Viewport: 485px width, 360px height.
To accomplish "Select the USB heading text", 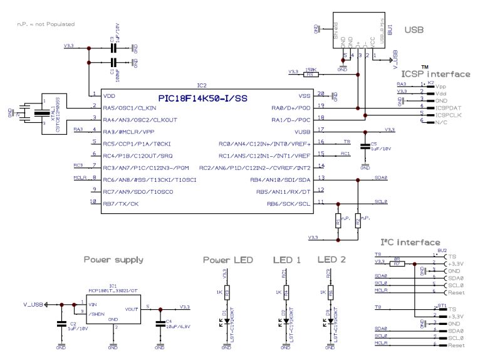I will click(x=414, y=29).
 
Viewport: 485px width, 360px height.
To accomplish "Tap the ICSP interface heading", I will click(x=435, y=74).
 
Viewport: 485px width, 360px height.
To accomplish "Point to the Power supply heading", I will click(x=113, y=259).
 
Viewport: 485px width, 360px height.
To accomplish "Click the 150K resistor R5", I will click(x=310, y=74).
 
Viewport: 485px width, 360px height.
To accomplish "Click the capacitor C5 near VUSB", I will click(x=365, y=146).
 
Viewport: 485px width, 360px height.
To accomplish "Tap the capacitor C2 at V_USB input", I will click(x=61, y=324).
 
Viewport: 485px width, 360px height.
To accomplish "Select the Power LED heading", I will click(x=227, y=259).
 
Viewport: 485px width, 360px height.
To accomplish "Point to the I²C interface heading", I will click(x=410, y=242).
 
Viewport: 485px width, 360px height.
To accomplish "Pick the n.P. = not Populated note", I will click(x=46, y=24).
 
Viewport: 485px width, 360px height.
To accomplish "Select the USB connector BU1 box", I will click(x=357, y=31).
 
